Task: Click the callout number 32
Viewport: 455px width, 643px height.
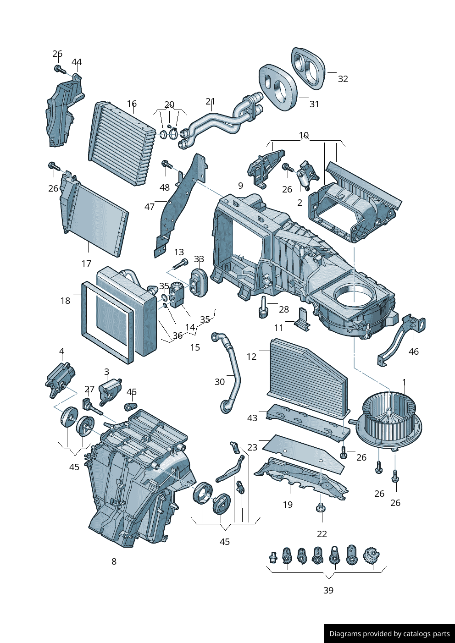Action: pyautogui.click(x=343, y=79)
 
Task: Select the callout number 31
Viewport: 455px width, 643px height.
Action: pyautogui.click(x=314, y=104)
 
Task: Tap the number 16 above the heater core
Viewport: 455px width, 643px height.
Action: pyautogui.click(x=132, y=103)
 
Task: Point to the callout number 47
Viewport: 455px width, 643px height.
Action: pyautogui.click(x=150, y=206)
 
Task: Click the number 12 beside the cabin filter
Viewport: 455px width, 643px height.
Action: pyautogui.click(x=251, y=357)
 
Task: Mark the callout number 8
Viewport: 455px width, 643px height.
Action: pyautogui.click(x=114, y=561)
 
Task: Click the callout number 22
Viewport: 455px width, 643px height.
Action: pyautogui.click(x=322, y=534)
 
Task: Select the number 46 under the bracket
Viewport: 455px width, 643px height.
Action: pyautogui.click(x=414, y=352)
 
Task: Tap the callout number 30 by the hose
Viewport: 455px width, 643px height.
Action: pyautogui.click(x=220, y=382)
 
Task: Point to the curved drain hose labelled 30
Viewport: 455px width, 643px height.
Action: pyautogui.click(x=227, y=373)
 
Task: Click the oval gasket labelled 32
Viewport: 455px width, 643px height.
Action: pyautogui.click(x=310, y=69)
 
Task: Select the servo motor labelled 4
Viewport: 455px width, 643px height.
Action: pyautogui.click(x=61, y=379)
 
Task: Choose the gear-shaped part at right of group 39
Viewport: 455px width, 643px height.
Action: pyautogui.click(x=372, y=556)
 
